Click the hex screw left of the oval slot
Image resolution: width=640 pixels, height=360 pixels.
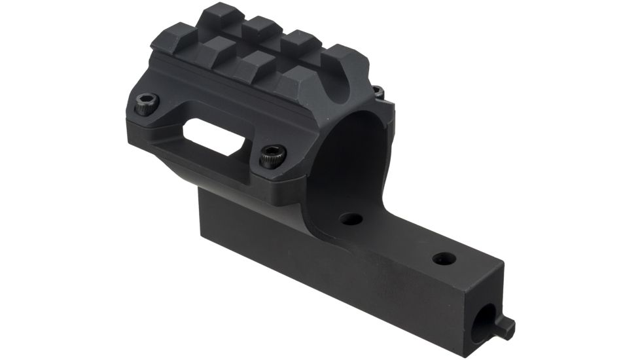pyautogui.click(x=147, y=102)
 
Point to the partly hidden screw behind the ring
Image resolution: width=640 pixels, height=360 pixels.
pyautogui.click(x=378, y=92)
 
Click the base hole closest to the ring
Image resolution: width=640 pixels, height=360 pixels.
pyautogui.click(x=352, y=219)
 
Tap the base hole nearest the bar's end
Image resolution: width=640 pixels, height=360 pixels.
pyautogui.click(x=444, y=259)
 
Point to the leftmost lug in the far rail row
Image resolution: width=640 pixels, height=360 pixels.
pyautogui.click(x=219, y=13)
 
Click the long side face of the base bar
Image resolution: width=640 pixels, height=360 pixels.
pyautogui.click(x=340, y=281)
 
